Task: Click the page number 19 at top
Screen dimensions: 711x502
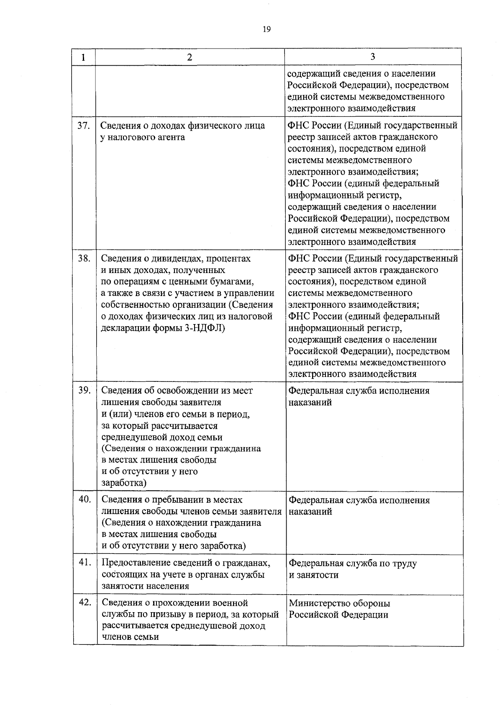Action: (x=266, y=29)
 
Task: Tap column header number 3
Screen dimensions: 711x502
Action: (x=373, y=57)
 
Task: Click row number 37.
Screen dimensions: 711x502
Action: (x=84, y=125)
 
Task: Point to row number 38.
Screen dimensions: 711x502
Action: (x=84, y=258)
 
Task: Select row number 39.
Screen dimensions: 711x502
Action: (x=85, y=390)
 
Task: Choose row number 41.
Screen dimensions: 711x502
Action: (x=85, y=562)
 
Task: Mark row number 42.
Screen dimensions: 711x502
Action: (x=85, y=602)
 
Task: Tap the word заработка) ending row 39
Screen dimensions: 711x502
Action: (x=124, y=483)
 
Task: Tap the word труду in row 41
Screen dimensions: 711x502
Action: (x=404, y=564)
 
